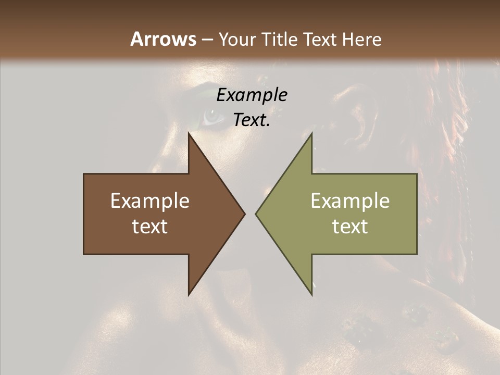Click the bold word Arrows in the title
[164, 39]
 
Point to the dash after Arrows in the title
[207, 40]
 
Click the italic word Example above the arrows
[252, 95]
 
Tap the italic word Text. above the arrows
[252, 120]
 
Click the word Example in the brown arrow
[150, 201]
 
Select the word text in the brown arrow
[150, 227]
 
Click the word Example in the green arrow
[350, 201]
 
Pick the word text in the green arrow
[350, 227]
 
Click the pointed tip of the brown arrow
[244, 214]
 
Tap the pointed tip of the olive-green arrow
[257, 214]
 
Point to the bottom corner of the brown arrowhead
[189, 294]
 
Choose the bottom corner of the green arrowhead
[311, 294]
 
